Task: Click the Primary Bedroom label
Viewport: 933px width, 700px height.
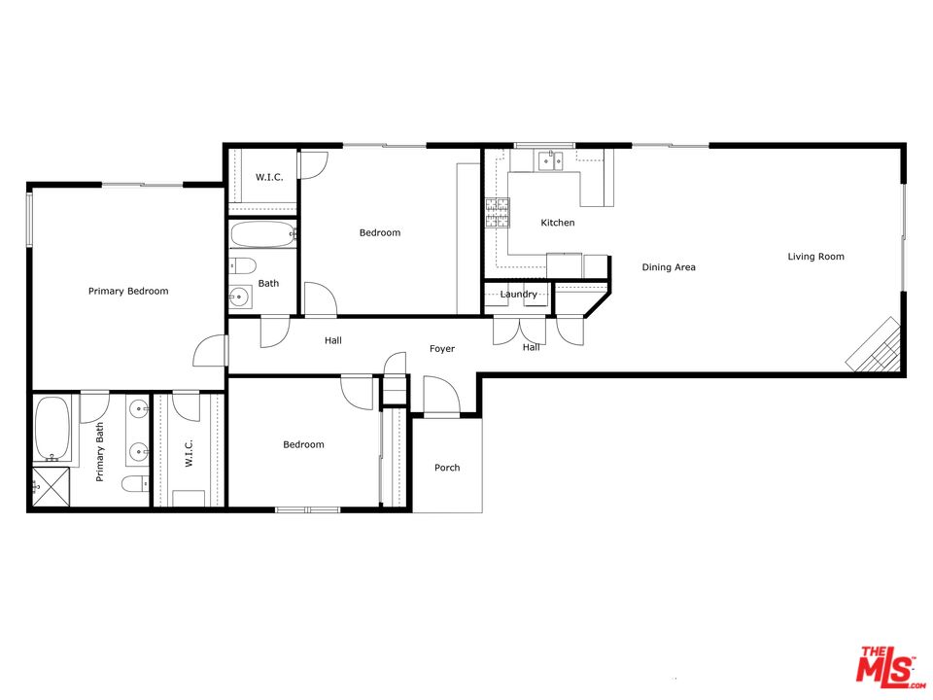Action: (x=128, y=291)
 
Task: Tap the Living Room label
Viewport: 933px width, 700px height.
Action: (x=815, y=257)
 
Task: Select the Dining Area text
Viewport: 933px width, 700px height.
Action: (x=669, y=267)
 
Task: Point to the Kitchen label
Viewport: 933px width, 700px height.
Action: (x=558, y=223)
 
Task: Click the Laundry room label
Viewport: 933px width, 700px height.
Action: (x=518, y=294)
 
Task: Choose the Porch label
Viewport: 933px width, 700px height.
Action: (x=447, y=468)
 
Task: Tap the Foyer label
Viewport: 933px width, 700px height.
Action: (x=442, y=349)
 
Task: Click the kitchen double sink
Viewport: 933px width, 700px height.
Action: (x=550, y=160)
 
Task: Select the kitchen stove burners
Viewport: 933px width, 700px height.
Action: (x=498, y=213)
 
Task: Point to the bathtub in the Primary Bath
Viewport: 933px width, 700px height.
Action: (x=52, y=429)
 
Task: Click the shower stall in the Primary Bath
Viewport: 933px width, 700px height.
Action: (x=51, y=487)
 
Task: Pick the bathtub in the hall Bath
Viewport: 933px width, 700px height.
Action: (x=263, y=234)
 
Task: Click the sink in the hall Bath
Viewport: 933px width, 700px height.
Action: (x=240, y=296)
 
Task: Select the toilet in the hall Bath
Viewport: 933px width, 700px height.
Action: (x=243, y=264)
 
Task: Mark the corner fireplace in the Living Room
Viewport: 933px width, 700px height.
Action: (x=874, y=345)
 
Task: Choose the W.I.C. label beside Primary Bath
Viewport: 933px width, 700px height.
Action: (x=189, y=453)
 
